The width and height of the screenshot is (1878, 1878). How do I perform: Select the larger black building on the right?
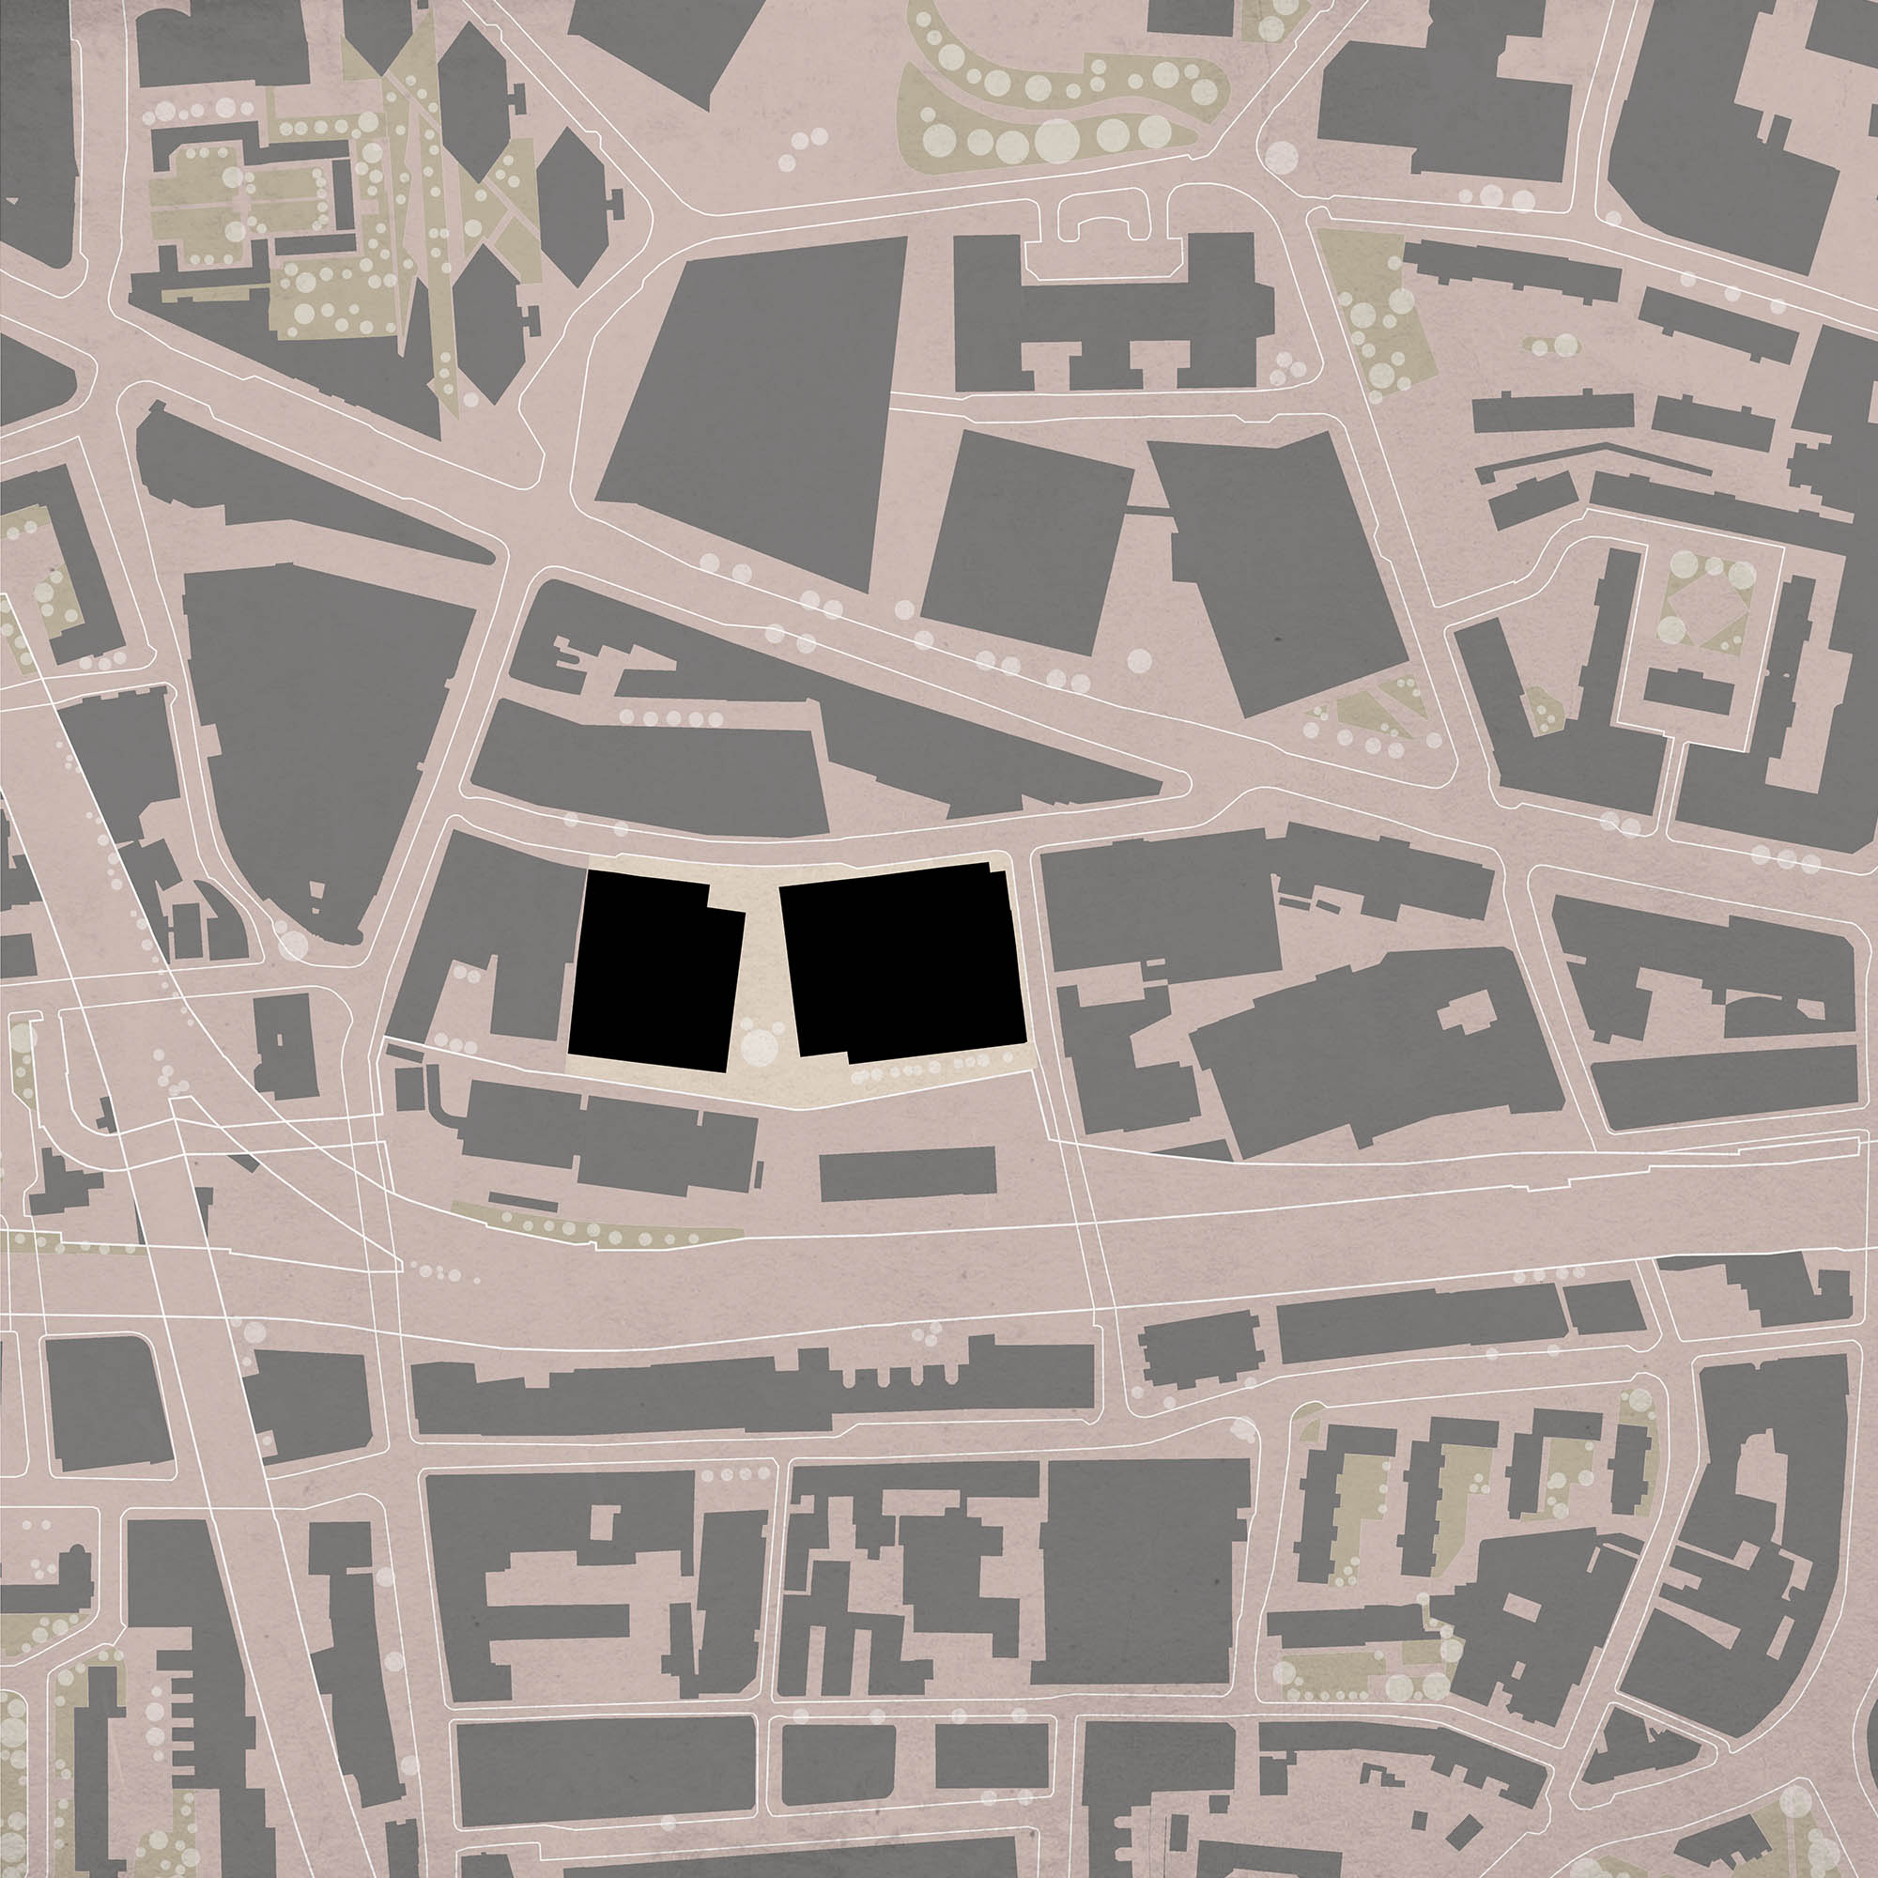pos(904,962)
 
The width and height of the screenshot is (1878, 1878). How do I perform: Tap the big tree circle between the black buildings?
pos(758,1047)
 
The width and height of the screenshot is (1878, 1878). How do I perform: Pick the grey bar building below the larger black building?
pos(908,1173)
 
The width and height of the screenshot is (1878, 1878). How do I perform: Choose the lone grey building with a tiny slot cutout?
pos(285,1046)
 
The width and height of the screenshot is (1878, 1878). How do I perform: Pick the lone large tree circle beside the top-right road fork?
pos(1281,158)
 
